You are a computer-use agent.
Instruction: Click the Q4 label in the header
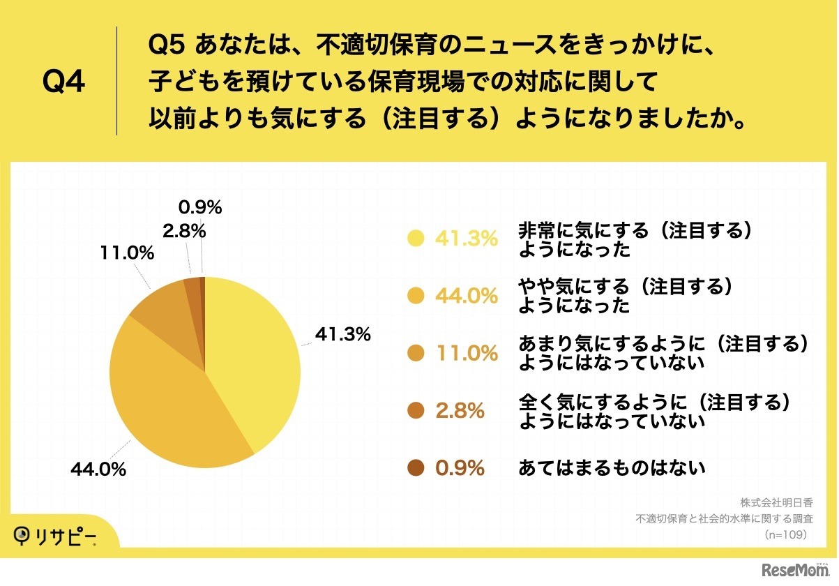63,82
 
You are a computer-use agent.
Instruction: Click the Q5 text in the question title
167,48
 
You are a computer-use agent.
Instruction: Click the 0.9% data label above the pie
200,207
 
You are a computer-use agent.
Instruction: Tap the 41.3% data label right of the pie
342,335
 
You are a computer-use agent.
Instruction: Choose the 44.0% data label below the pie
98,469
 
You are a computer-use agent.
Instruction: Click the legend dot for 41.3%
416,239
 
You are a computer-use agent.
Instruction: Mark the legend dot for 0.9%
416,468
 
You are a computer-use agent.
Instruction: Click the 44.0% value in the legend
467,296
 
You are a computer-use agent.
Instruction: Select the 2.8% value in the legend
460,411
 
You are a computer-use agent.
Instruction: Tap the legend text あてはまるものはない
612,468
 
